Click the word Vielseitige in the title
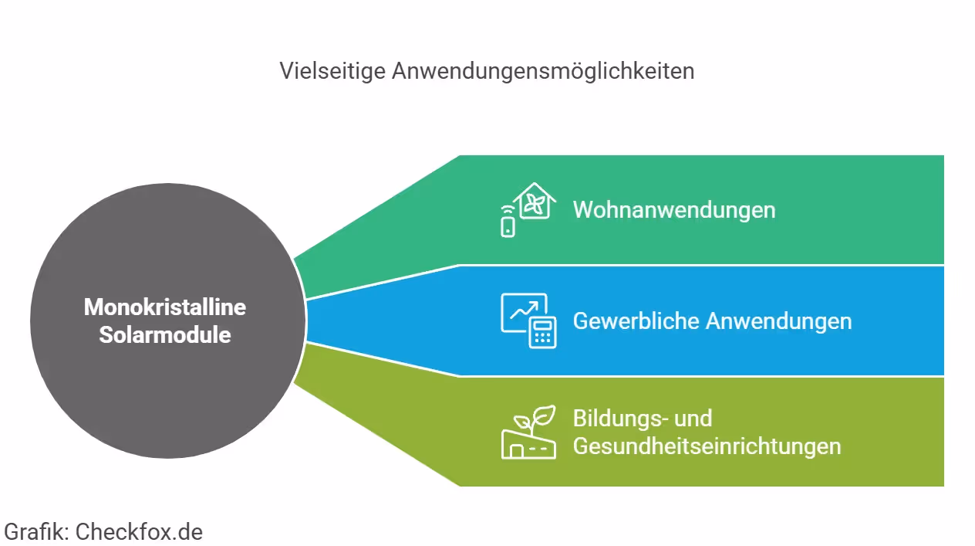tap(332, 71)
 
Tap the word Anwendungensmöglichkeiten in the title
tap(543, 71)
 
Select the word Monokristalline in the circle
tap(164, 307)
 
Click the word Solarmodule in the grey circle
tap(164, 335)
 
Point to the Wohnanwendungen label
tap(673, 210)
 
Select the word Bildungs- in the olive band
tap(620, 419)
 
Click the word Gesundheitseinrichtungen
tap(706, 446)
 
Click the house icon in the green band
tap(535, 202)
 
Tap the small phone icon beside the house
tap(508, 226)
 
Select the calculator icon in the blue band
tap(543, 333)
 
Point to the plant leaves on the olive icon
tap(538, 418)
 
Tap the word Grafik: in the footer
tap(36, 531)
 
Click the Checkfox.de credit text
tap(139, 531)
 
